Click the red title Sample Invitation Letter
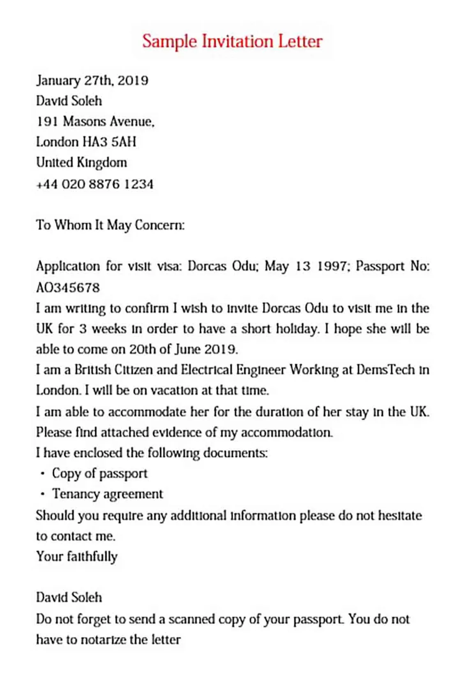(x=232, y=42)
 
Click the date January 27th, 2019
(x=92, y=80)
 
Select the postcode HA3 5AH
(x=109, y=142)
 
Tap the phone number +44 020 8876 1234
(x=95, y=184)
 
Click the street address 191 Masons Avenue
(x=95, y=121)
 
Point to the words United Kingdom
(x=81, y=162)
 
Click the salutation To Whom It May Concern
(x=110, y=225)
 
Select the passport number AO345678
(x=68, y=287)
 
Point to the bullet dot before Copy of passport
(x=43, y=474)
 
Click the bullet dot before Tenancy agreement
(x=43, y=494)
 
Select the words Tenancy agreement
(x=107, y=494)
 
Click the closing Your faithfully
(x=77, y=556)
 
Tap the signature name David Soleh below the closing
(x=69, y=597)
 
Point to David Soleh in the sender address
(x=69, y=101)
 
